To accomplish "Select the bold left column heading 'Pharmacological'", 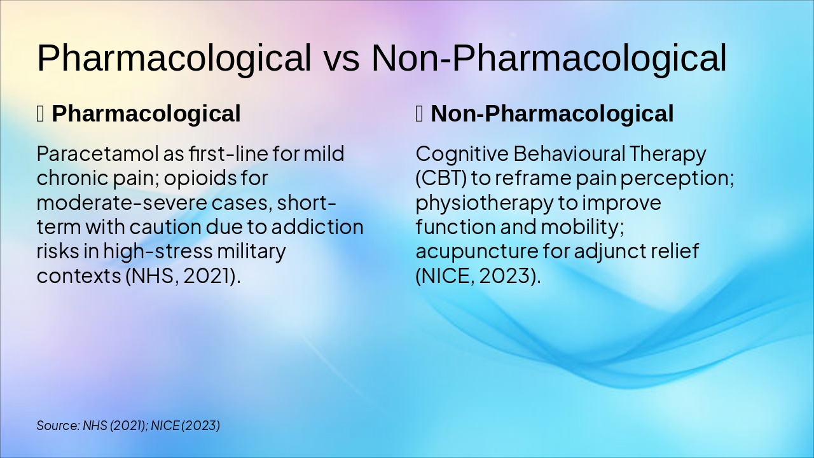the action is click(x=146, y=114).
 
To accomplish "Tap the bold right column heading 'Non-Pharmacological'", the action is click(x=552, y=114).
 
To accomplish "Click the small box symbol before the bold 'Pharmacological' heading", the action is click(x=40, y=114).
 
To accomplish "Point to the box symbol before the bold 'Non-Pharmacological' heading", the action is click(x=419, y=114).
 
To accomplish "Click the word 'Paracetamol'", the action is click(x=98, y=153).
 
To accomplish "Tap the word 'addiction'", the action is click(x=317, y=227).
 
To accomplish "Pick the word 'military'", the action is click(x=251, y=252).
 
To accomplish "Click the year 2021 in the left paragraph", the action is click(x=207, y=276).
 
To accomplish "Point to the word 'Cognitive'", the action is click(x=462, y=153).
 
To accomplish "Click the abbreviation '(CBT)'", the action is click(x=441, y=179).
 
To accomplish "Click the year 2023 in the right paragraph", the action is click(x=503, y=276).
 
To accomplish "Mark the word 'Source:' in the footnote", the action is click(x=58, y=426).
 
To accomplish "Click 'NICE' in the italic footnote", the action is click(x=165, y=426).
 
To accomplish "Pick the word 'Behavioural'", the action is click(x=569, y=153).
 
